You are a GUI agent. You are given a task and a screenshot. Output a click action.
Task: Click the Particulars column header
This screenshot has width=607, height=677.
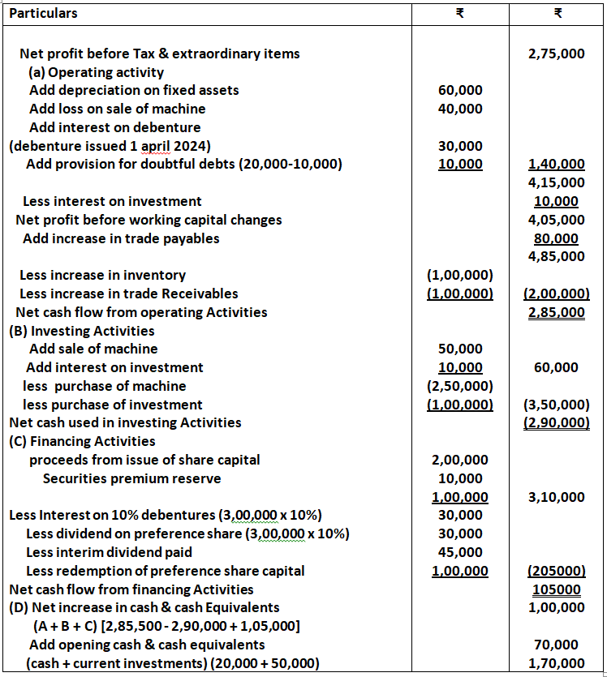[43, 14]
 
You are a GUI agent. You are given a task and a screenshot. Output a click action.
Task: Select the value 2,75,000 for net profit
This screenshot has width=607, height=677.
[556, 54]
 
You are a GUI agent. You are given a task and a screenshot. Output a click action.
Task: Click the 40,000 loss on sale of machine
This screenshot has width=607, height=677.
[459, 109]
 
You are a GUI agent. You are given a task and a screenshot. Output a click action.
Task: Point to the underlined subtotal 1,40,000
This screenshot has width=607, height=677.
[556, 165]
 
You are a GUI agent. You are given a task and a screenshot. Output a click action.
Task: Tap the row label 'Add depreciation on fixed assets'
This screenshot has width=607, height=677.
[134, 90]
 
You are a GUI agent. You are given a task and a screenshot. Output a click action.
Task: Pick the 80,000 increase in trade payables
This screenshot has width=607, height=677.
[556, 238]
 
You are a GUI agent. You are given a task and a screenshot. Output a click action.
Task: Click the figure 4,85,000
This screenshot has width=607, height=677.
[556, 257]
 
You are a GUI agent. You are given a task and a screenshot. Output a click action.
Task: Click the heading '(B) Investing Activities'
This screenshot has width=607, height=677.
[81, 331]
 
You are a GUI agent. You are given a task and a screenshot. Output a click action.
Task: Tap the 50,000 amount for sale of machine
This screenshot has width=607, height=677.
[459, 349]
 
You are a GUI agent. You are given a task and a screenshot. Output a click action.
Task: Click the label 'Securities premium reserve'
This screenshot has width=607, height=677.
[131, 478]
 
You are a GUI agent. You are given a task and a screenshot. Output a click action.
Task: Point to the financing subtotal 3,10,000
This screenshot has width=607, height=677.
[556, 497]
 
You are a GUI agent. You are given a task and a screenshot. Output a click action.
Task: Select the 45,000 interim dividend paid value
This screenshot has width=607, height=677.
[459, 552]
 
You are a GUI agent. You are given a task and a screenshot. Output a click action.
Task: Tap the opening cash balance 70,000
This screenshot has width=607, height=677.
[560, 645]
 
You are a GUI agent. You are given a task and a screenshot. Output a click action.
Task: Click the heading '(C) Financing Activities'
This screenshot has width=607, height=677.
[81, 441]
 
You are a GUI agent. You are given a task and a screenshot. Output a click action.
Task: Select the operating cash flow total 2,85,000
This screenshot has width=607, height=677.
[556, 312]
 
